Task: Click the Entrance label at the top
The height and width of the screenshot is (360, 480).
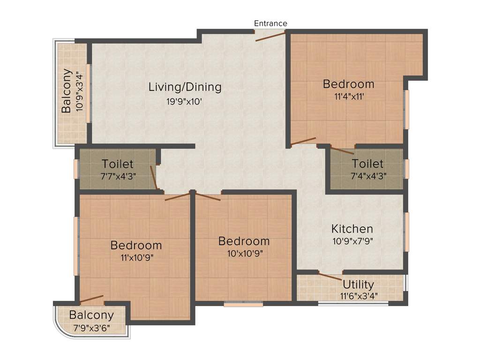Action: click(x=270, y=23)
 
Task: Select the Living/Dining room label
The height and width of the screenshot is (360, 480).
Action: click(x=185, y=87)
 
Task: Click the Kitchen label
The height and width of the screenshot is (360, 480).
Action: click(x=352, y=229)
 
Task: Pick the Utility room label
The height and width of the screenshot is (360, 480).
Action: click(x=358, y=285)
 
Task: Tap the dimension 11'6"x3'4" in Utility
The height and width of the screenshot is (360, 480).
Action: click(x=359, y=296)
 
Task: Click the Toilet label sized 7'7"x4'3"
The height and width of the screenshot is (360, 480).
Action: click(x=118, y=164)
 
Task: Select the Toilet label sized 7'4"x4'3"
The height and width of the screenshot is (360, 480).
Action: click(x=367, y=164)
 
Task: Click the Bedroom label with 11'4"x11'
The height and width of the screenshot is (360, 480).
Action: click(x=348, y=84)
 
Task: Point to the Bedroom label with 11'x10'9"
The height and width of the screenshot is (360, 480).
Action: click(x=136, y=245)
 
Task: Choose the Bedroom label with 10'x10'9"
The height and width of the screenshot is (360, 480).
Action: click(x=244, y=241)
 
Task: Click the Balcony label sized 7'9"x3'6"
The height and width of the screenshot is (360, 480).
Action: click(x=91, y=315)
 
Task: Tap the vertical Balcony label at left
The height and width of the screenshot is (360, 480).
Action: click(x=67, y=91)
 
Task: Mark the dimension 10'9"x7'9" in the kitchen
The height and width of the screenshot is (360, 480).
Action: click(x=352, y=241)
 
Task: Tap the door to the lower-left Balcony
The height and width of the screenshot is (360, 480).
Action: click(x=91, y=299)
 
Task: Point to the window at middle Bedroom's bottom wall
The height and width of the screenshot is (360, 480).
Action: click(x=243, y=304)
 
